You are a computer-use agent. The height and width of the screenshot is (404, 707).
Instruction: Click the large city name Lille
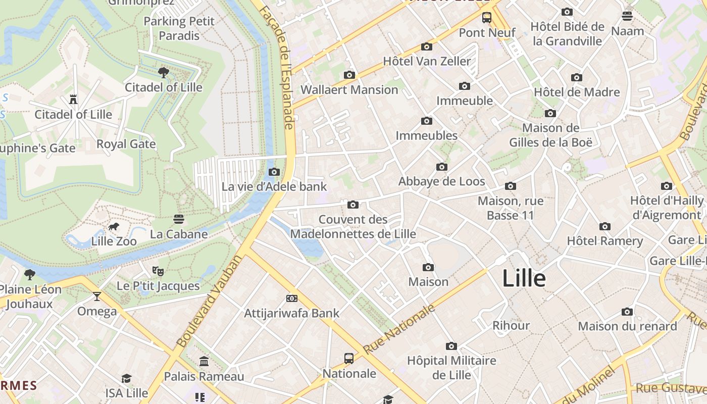[x=524, y=279]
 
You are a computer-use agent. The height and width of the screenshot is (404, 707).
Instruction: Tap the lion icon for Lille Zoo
[x=114, y=227]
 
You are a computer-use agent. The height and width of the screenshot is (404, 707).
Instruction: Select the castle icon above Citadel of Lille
[x=73, y=99]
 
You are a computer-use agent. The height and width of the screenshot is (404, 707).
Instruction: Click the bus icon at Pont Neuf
[x=487, y=18]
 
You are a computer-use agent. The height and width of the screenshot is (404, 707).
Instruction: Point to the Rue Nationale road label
[x=399, y=329]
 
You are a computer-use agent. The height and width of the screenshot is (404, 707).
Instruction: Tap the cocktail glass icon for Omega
[x=97, y=296]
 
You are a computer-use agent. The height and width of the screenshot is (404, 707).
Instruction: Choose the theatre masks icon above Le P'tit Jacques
[x=158, y=271]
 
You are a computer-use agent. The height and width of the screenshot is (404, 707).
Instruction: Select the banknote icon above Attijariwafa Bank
[x=291, y=298]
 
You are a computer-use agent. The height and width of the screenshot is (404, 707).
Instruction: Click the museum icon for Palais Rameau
[x=204, y=361]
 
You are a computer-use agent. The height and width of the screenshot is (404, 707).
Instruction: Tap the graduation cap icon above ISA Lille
[x=126, y=378]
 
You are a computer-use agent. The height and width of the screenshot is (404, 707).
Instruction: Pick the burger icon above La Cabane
[x=178, y=219]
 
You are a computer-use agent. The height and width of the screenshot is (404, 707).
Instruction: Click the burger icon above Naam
[x=627, y=16]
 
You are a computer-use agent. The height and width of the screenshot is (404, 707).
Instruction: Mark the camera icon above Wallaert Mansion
[x=349, y=75]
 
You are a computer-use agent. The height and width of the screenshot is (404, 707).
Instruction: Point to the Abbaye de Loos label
[x=441, y=181]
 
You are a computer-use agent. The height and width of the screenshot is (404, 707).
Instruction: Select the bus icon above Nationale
[x=349, y=359]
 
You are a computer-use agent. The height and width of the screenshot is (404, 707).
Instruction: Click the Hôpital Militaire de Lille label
[x=451, y=368]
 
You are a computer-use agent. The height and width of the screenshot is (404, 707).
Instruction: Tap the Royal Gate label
[x=126, y=144]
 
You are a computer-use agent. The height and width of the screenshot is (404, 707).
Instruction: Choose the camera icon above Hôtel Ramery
[x=604, y=226]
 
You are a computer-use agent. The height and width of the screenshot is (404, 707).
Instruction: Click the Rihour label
[x=511, y=325]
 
